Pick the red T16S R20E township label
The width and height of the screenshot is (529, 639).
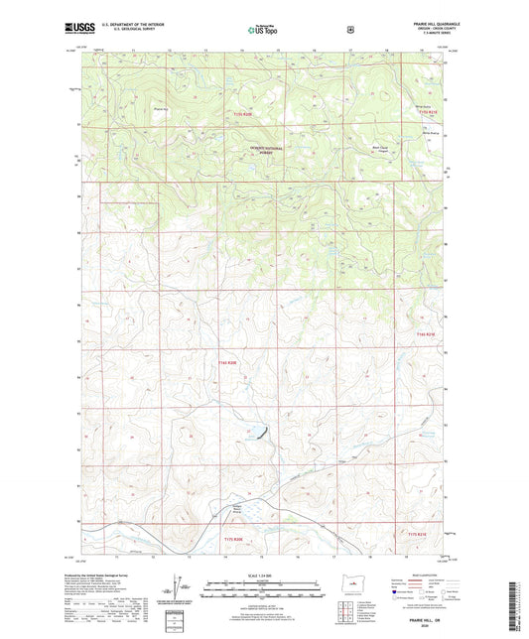coord(227,363)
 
